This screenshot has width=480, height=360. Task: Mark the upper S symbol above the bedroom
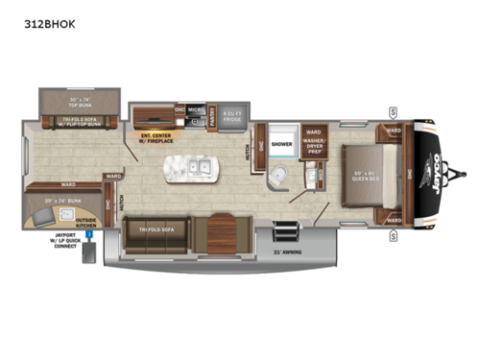pyautogui.click(x=394, y=112)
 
